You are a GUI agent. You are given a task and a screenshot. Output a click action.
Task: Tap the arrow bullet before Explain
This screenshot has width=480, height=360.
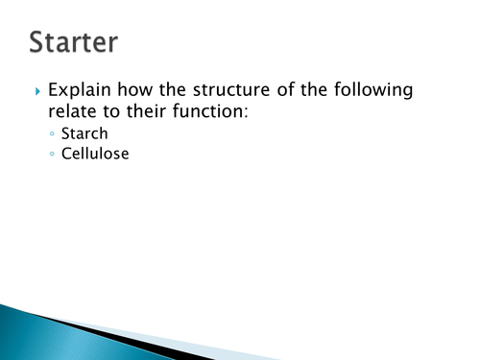click(x=37, y=92)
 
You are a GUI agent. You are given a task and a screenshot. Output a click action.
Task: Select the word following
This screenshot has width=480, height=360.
click(x=379, y=92)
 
